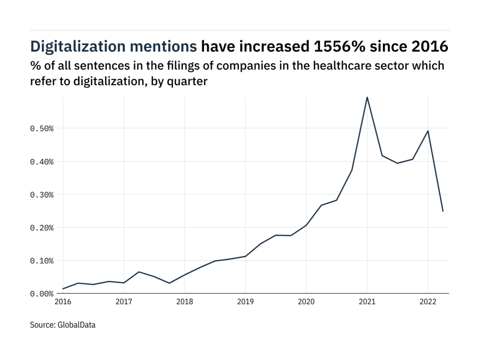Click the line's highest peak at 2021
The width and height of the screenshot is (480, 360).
[x=367, y=97]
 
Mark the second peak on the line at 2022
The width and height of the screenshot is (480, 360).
[x=427, y=131]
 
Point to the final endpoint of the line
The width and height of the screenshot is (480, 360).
[x=443, y=211]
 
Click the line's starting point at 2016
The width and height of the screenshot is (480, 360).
[x=63, y=289]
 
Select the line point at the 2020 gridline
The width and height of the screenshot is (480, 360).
[x=306, y=225]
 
